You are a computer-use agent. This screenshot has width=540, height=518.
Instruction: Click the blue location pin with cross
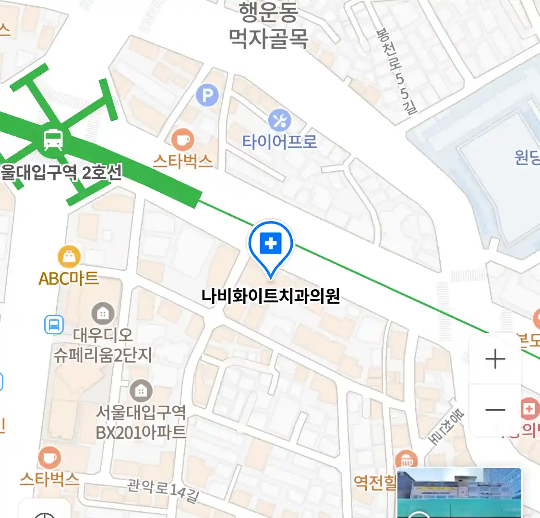pos(271,245)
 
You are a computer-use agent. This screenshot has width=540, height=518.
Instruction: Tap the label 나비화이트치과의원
pos(271,296)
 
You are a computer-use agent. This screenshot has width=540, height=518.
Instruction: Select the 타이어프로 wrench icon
pos(279,120)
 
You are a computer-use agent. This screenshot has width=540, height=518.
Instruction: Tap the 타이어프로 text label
pos(279,141)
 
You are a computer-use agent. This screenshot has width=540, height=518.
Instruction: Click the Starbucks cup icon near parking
pos(183,140)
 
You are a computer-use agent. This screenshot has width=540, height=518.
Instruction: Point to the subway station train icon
pos(53,140)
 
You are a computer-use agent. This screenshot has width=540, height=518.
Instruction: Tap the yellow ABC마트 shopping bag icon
pos(69,258)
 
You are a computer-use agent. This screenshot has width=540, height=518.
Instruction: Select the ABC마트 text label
pos(69,278)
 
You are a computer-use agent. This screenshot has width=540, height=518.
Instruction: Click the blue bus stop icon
pos(54,325)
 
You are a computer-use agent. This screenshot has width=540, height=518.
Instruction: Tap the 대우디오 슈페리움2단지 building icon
pos(103,314)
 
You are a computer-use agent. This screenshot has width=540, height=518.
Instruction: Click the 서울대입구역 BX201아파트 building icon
pos(141,391)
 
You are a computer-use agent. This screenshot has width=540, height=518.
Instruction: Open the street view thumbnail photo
pos(459,493)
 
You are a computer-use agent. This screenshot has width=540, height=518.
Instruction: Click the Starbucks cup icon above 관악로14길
pos(49,458)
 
